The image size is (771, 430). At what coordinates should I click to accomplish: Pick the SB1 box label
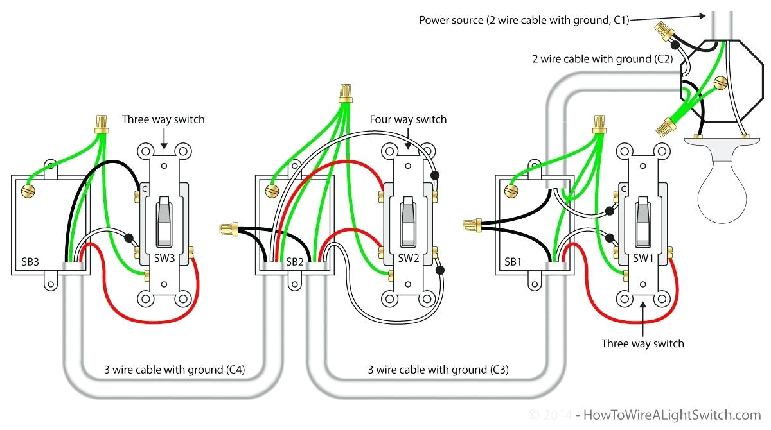coord(513,262)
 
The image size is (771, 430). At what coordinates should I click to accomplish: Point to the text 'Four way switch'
coord(408,119)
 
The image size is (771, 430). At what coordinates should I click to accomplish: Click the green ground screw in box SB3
coord(28,190)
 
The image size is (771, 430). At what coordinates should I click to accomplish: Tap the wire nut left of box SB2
coord(229,227)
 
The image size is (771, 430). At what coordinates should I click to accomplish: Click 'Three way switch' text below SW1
coord(642,343)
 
